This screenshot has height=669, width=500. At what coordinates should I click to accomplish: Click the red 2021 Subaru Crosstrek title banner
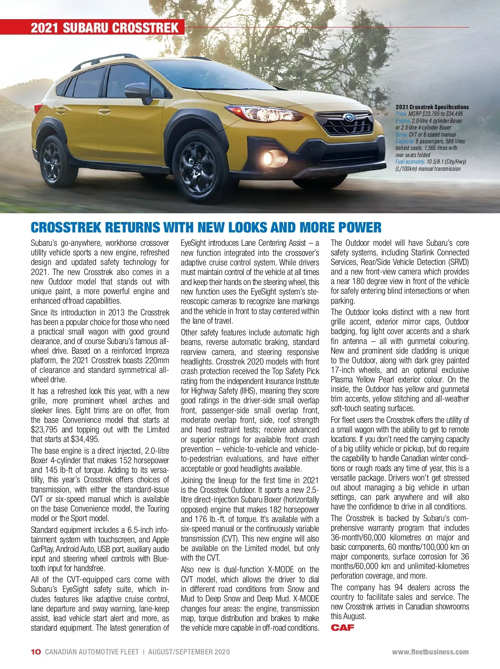point(104,27)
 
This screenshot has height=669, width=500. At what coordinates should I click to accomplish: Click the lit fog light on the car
point(268,158)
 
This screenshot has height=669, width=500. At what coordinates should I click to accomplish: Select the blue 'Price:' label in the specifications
point(401,114)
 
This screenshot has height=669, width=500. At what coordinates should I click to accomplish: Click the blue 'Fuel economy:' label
point(410,162)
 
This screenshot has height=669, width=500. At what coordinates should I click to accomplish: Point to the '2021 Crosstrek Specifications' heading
point(432,107)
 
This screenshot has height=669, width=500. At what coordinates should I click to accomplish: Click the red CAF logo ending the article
point(342,627)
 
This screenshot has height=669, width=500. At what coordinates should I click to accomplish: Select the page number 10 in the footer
point(36,652)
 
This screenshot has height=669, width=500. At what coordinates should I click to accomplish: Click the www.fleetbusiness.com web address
point(430,652)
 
